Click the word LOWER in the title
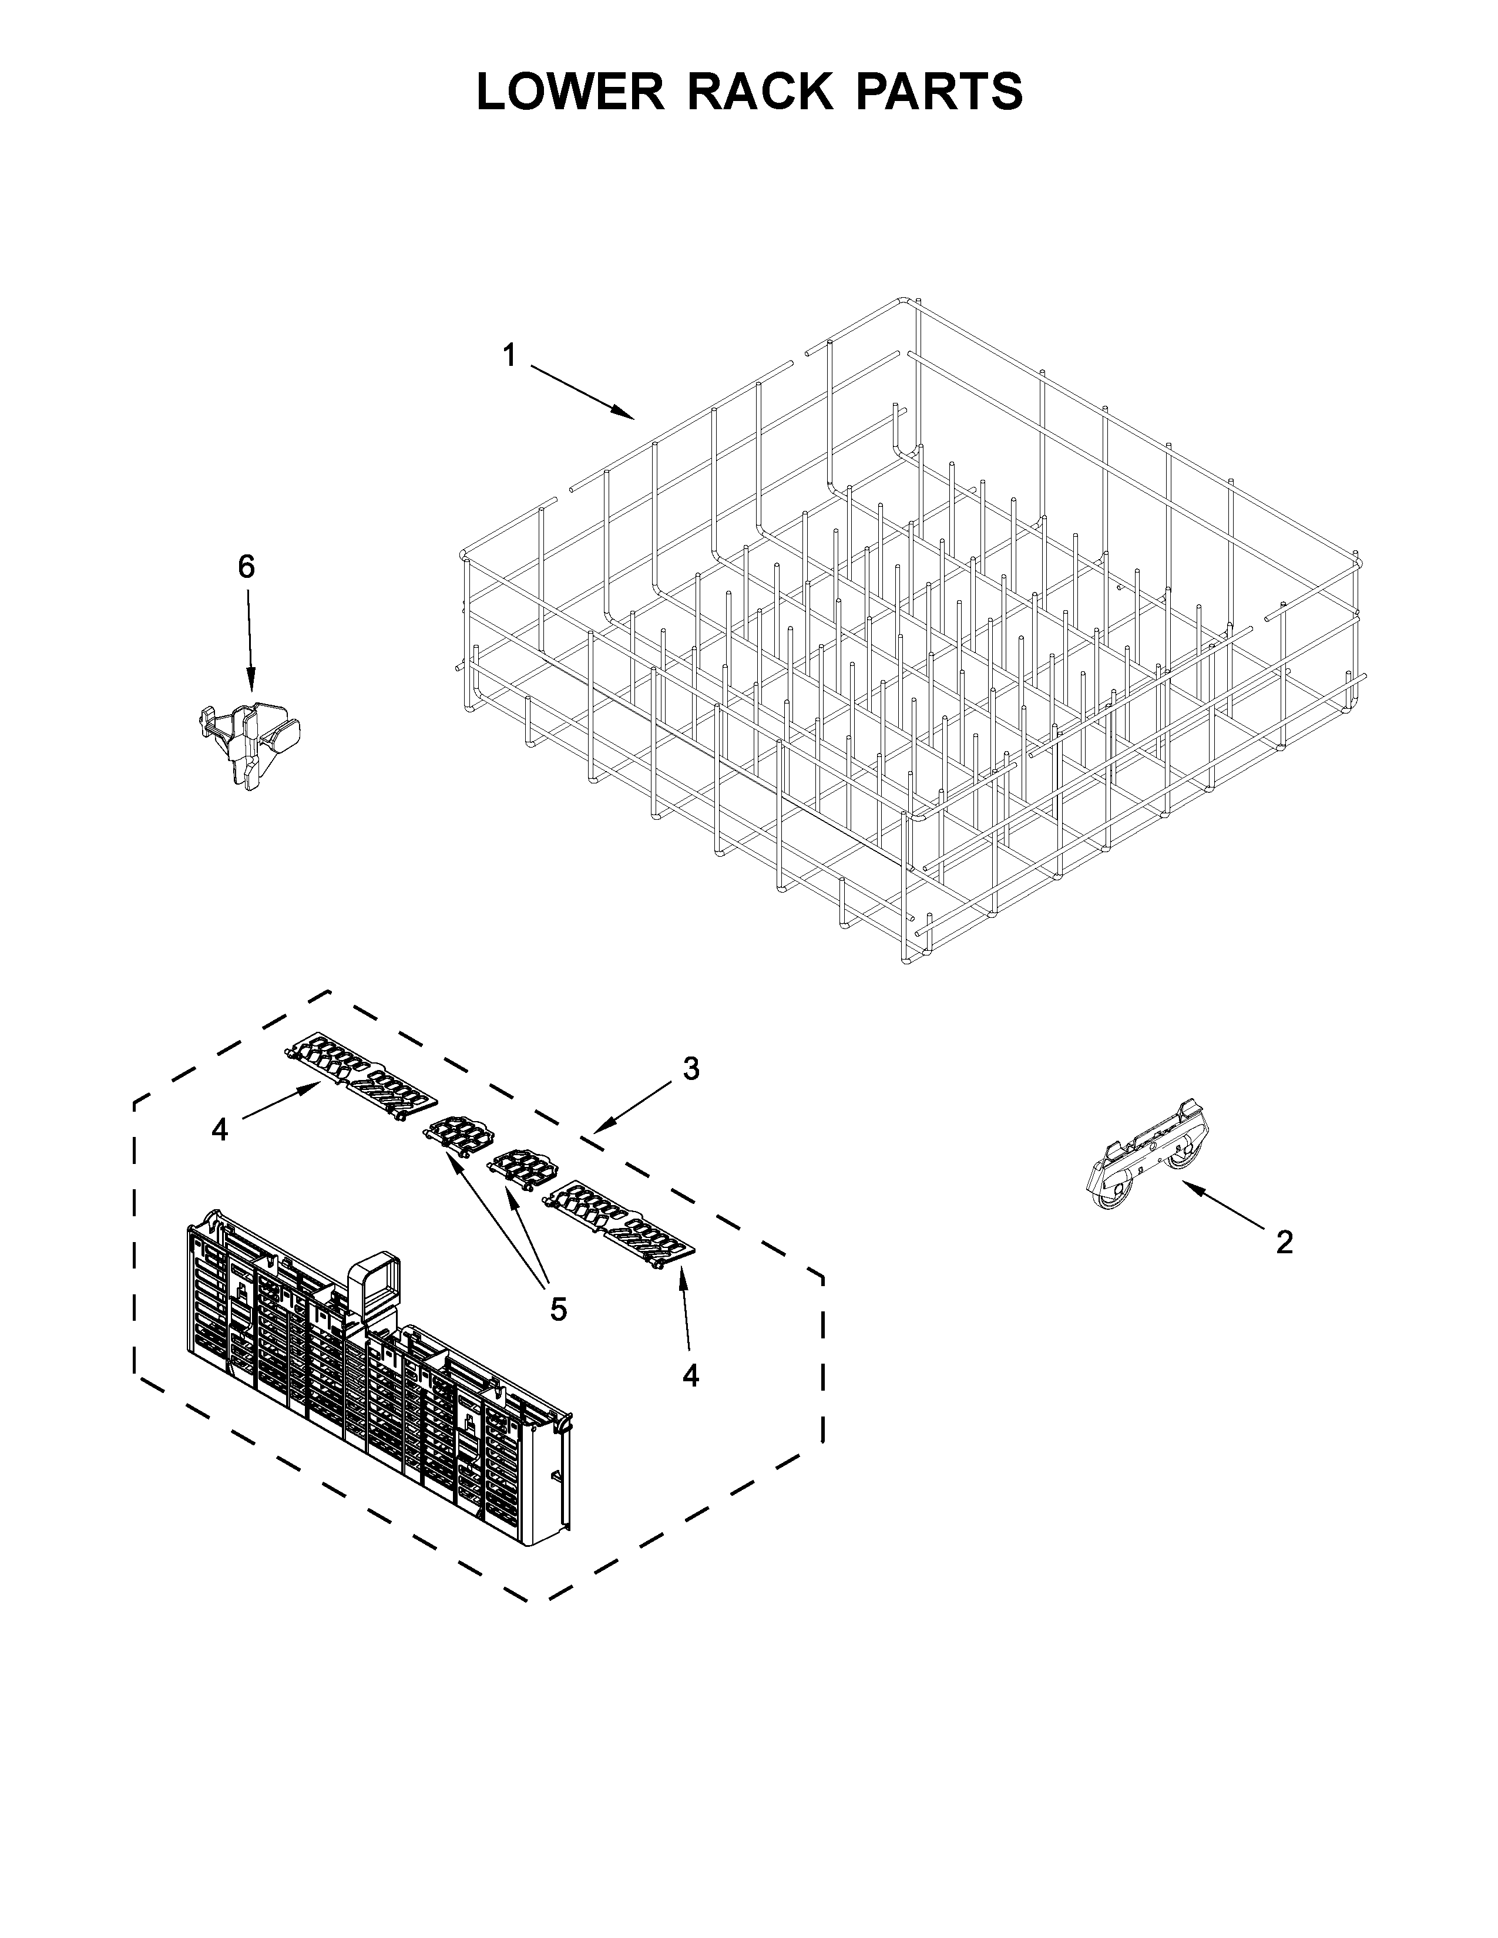point(570,92)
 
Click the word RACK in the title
point(761,92)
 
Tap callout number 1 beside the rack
point(509,356)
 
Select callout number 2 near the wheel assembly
point(1284,1242)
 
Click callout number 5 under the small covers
point(557,1309)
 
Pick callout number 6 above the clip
point(246,566)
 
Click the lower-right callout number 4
point(690,1375)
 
